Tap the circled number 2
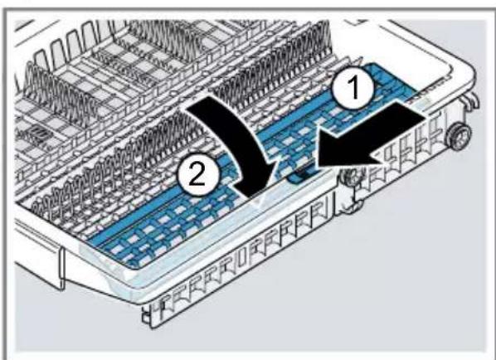(x=198, y=175)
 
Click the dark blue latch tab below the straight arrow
(x=301, y=175)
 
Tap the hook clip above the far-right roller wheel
(x=472, y=102)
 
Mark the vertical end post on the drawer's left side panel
(x=61, y=268)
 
